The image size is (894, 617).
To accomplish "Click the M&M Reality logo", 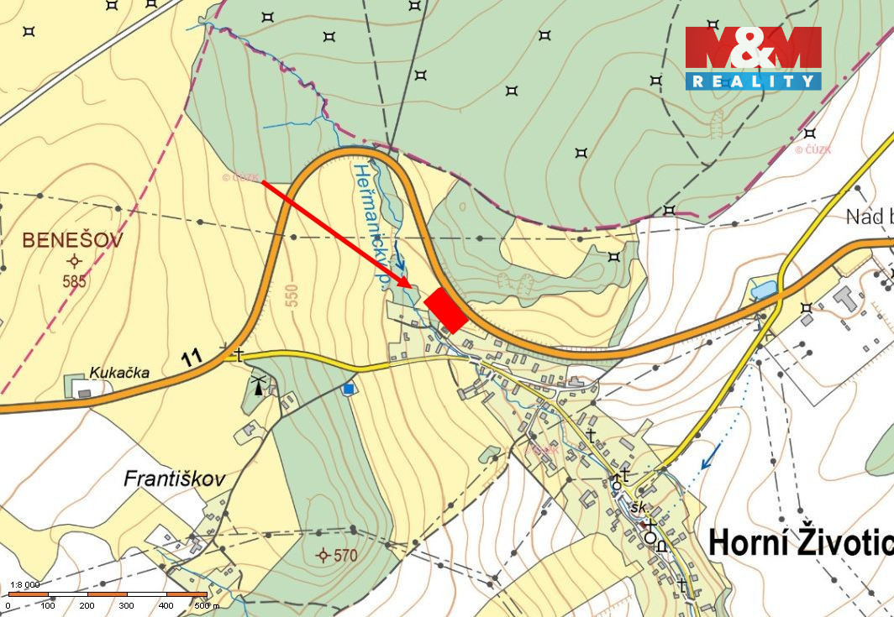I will coord(753,57).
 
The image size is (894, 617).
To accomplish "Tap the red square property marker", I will coord(446,311).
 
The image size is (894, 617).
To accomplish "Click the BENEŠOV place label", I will coord(72,240).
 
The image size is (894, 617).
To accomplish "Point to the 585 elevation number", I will coord(74,282).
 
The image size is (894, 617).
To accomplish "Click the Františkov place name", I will coord(175,479).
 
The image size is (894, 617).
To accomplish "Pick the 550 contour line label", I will coord(292,288).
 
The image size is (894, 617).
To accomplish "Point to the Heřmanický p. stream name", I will coord(370,227).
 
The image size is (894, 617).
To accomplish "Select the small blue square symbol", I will coord(348,389).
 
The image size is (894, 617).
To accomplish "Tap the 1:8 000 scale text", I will coord(24,584).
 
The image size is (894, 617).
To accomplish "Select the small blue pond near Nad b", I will coord(765,290).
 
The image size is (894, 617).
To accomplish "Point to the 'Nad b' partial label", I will coord(868,217).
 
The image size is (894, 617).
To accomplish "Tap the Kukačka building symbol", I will coord(82,389).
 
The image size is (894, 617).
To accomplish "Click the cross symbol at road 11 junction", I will coord(239,354).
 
